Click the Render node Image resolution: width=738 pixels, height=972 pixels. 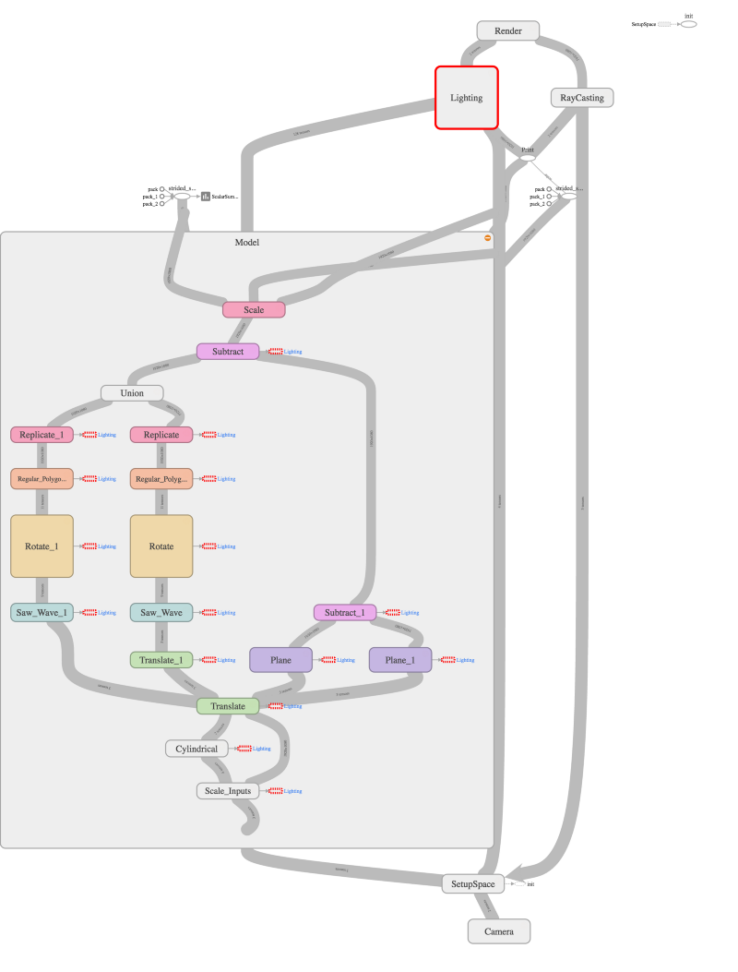[507, 31]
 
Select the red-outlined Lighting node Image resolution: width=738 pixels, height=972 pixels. [467, 97]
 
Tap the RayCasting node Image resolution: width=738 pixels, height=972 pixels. [582, 97]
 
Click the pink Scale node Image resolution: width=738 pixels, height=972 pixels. [254, 309]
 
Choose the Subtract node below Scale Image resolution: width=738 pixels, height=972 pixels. [228, 351]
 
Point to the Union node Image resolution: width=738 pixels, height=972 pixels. [133, 393]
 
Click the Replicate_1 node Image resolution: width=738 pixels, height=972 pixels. [42, 434]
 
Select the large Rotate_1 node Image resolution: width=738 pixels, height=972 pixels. [42, 546]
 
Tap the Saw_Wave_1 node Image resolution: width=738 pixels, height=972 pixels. [42, 612]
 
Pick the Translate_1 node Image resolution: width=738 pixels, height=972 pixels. [161, 660]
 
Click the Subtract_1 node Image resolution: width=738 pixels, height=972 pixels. [345, 612]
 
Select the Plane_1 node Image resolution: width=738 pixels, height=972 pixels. [400, 660]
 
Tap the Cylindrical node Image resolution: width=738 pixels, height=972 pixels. [196, 749]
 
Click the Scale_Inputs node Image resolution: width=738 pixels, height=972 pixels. [228, 791]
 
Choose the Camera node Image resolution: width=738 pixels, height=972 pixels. [499, 931]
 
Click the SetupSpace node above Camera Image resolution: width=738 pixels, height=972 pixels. [473, 883]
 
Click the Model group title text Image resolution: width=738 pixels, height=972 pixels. [247, 243]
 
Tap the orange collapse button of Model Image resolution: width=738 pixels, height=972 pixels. [488, 238]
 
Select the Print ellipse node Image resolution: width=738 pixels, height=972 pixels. [528, 158]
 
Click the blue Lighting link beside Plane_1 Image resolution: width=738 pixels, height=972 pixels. [465, 660]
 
